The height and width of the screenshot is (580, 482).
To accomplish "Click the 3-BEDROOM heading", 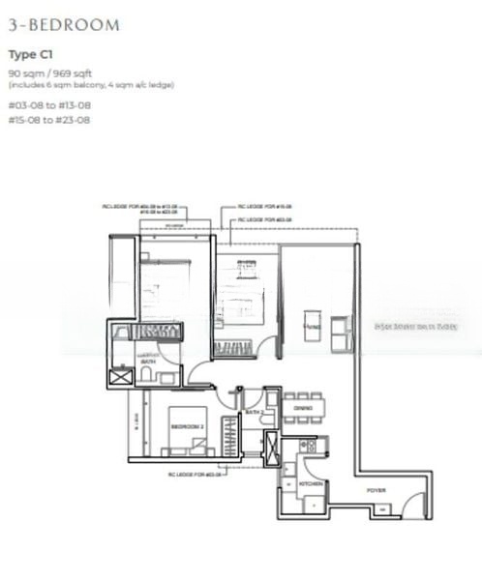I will pyautogui.click(x=64, y=25).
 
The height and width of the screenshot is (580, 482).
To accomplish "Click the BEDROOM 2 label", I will pyautogui.click(x=186, y=425).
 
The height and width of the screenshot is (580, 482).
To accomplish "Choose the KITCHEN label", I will pyautogui.click(x=310, y=482).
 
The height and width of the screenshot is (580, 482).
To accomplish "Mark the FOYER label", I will pyautogui.click(x=375, y=490).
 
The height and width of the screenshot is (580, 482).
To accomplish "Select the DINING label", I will pyautogui.click(x=302, y=409).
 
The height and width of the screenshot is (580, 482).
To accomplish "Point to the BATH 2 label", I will pyautogui.click(x=254, y=413).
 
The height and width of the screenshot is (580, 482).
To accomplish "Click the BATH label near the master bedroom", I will pyautogui.click(x=148, y=362).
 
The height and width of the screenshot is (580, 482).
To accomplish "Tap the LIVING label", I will pyautogui.click(x=312, y=328).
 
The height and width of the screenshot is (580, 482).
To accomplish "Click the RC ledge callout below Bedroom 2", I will pyautogui.click(x=196, y=476).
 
